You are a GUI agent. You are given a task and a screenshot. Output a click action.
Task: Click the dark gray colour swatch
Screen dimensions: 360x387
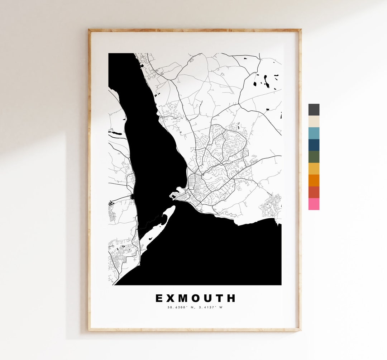[314, 110]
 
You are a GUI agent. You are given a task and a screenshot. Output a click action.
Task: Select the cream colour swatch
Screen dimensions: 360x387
[314, 122]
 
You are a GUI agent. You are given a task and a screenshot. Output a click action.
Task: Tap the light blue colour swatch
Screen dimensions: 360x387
[314, 133]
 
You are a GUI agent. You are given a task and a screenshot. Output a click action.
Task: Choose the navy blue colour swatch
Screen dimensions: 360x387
[314, 145]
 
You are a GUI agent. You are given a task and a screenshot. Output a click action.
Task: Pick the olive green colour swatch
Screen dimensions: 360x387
[314, 157]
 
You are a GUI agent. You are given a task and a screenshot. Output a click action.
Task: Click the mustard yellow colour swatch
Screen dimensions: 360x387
[314, 169]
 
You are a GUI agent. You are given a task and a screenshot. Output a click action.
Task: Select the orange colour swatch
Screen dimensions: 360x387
[314, 180]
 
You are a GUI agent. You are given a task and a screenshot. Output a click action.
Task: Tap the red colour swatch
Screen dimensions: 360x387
[314, 192]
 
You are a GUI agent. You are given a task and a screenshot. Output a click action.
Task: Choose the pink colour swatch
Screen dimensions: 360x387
[314, 204]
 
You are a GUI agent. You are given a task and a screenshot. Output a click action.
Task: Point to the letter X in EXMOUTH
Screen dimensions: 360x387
[171, 298]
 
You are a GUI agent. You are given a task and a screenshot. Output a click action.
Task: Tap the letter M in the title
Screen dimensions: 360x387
[183, 298]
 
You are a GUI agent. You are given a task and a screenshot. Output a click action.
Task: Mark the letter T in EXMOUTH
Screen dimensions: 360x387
[220, 298]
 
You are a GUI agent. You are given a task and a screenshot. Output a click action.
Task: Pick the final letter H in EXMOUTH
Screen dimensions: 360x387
[232, 298]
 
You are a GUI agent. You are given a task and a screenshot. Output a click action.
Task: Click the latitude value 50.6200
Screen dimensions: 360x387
[175, 307]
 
